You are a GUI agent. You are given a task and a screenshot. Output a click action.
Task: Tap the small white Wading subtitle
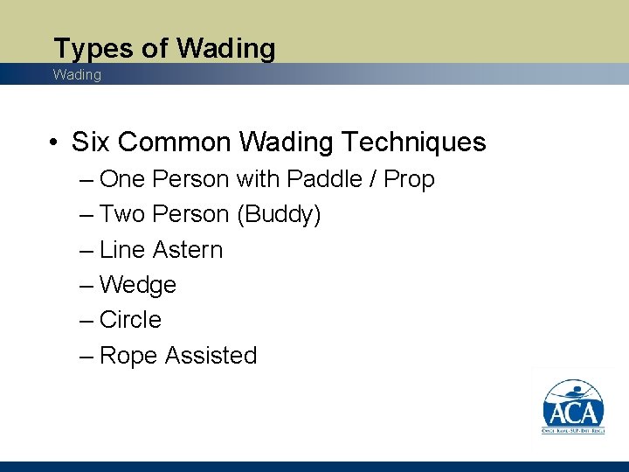pos(77,75)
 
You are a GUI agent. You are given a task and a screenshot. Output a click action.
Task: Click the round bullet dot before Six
pos(54,142)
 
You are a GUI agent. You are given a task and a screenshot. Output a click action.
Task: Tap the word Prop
pos(409,179)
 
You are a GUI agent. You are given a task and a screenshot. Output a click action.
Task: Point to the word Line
pos(122,250)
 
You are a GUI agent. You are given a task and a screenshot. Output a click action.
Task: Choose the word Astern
pos(187,250)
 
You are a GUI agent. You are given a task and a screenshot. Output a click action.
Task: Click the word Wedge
pos(138,285)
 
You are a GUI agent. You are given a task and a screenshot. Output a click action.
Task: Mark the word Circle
pos(130,320)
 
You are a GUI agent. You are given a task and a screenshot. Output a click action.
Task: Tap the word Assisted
pos(211,356)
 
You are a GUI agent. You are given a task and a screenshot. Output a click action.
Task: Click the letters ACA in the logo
pos(573,413)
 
